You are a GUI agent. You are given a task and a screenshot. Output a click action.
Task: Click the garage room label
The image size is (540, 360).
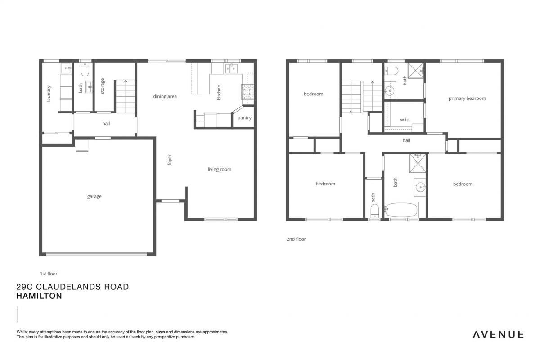[x=94, y=197]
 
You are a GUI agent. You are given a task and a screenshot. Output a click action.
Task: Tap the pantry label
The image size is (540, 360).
[x=244, y=118]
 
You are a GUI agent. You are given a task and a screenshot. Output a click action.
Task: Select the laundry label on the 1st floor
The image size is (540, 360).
[x=49, y=94]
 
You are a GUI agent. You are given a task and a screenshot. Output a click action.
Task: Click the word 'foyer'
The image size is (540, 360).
[x=170, y=160]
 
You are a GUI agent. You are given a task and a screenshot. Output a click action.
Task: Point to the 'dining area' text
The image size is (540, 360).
[x=165, y=96]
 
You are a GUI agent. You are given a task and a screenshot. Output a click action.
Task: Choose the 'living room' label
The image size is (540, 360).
[x=220, y=169]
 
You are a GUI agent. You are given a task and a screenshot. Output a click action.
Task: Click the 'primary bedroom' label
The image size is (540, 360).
[x=467, y=99]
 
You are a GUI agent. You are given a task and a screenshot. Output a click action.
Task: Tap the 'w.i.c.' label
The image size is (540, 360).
[x=405, y=120]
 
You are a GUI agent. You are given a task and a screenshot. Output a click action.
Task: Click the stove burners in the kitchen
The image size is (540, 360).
[x=247, y=92]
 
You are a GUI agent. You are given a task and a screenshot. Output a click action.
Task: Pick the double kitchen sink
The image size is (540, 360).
[x=231, y=68]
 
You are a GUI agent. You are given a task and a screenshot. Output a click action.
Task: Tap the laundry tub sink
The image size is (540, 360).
[x=66, y=68]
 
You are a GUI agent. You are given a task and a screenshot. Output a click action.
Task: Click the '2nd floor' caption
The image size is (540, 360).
[x=296, y=239]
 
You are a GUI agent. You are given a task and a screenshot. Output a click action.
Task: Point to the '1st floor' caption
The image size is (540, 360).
[x=49, y=274]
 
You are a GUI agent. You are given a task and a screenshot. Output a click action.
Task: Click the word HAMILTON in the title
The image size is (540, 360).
[x=39, y=296]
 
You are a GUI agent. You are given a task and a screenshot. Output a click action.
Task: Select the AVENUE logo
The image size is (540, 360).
[x=498, y=335]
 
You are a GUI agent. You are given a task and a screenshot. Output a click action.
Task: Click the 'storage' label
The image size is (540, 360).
[x=102, y=86]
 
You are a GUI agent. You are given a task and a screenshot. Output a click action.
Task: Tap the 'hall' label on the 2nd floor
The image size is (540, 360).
[x=406, y=140]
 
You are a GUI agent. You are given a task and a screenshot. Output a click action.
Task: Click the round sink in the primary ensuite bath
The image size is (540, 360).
[x=389, y=90]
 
